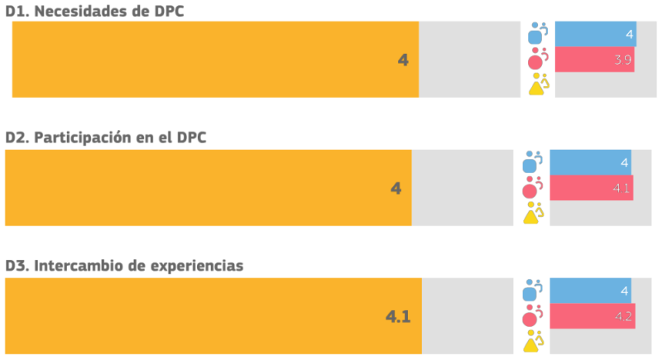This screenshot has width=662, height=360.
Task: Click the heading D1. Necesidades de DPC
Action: click(97, 9)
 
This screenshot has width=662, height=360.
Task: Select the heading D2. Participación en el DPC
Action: click(106, 137)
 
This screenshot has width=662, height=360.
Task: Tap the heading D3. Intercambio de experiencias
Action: click(124, 266)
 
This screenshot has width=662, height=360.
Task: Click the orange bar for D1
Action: click(215, 60)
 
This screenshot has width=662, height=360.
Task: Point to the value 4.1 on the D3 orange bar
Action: click(398, 316)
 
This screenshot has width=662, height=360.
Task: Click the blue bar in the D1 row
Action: click(595, 34)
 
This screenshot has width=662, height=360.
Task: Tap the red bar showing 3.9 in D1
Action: click(594, 60)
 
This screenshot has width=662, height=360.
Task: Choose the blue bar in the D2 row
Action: click(591, 162)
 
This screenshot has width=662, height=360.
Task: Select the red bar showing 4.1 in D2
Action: click(592, 188)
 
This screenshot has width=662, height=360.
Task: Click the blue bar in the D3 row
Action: click(591, 290)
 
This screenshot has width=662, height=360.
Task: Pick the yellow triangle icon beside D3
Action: click(532, 342)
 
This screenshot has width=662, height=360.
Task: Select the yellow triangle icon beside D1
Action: click(538, 85)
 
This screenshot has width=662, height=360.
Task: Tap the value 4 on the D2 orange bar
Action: click(396, 189)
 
